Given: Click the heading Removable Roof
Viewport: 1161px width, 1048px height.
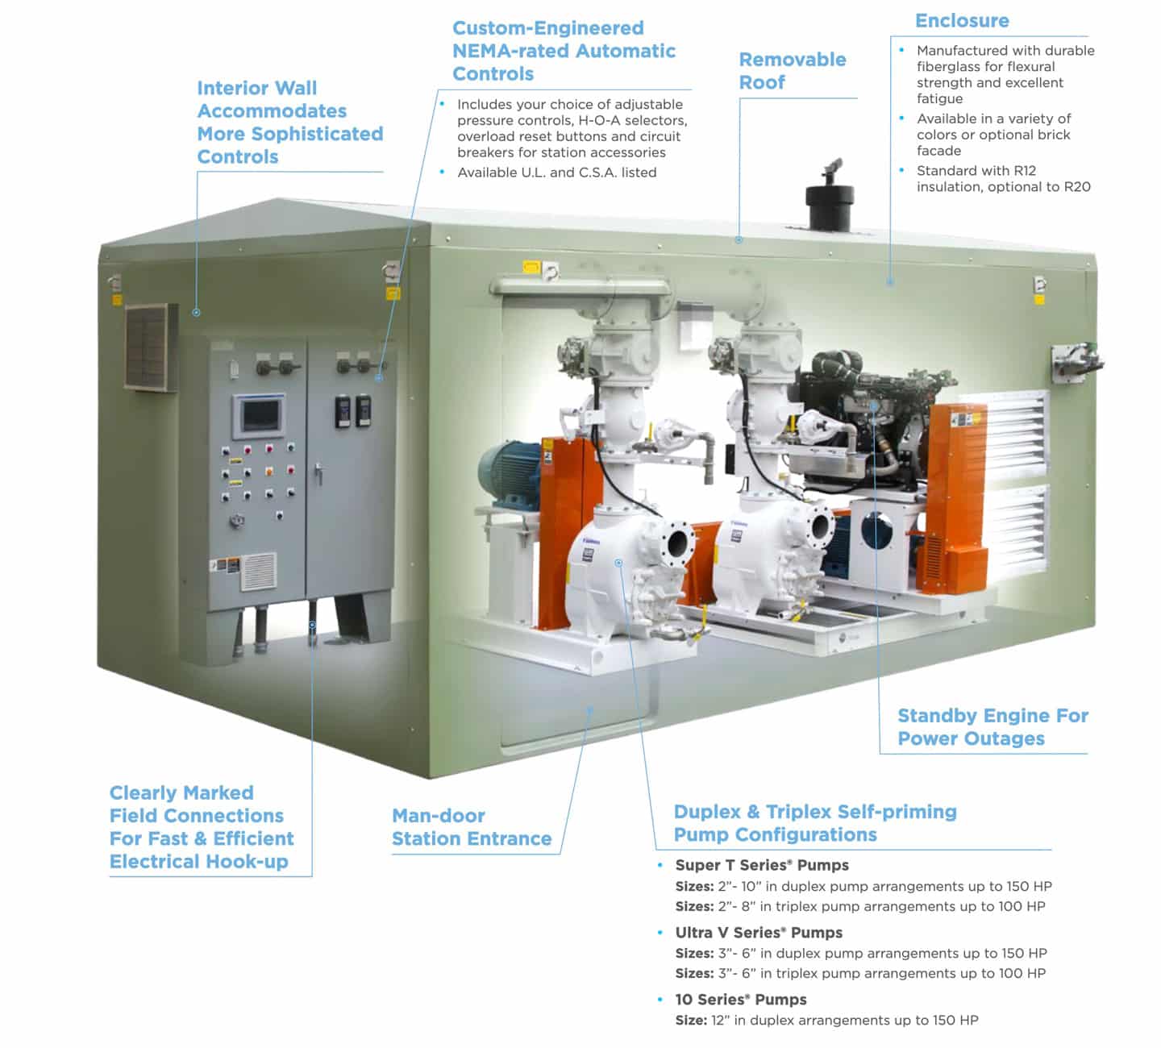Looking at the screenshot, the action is (x=793, y=71).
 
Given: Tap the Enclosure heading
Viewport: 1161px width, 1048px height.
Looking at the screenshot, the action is (x=962, y=21).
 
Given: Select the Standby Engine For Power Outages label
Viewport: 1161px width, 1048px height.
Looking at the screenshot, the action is (x=992, y=727).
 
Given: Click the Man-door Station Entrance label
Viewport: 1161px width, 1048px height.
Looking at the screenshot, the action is (x=472, y=827).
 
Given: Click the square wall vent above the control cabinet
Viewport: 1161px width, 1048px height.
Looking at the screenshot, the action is (x=151, y=347).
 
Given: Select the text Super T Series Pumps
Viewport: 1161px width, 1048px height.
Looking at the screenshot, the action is (x=762, y=865).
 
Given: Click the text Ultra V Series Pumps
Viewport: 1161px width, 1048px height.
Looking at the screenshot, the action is (x=759, y=932).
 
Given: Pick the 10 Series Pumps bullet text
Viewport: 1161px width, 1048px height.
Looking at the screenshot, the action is (x=741, y=1000).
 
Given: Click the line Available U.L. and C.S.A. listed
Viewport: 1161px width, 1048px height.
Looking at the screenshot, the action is (x=557, y=173).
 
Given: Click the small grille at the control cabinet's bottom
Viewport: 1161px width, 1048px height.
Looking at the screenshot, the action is (x=258, y=571).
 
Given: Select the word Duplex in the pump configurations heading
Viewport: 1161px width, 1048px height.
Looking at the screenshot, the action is (x=707, y=812).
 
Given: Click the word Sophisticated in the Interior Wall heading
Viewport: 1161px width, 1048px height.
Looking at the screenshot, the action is (x=318, y=135).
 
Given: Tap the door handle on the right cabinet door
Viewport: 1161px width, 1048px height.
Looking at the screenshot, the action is (x=318, y=473).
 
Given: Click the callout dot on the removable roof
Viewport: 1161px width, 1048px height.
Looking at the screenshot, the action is (x=739, y=239).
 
